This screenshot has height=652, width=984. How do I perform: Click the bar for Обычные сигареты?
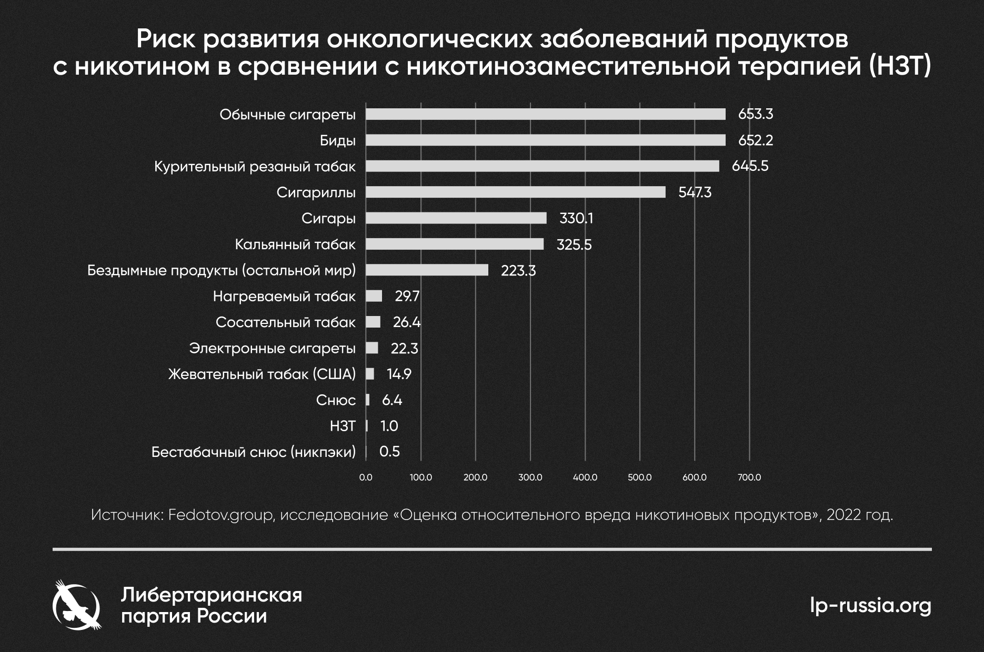(x=545, y=114)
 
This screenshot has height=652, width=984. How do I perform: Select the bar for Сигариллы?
(x=515, y=192)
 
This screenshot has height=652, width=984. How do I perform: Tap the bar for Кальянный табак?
(x=455, y=244)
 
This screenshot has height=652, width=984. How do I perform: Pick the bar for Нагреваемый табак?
(x=374, y=296)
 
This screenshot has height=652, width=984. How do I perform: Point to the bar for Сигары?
(x=456, y=218)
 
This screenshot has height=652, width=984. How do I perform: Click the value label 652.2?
(x=756, y=140)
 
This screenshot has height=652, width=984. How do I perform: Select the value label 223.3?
(x=518, y=271)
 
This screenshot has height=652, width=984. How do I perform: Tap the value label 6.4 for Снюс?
(x=392, y=401)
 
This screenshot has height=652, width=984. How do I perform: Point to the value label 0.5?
(x=389, y=452)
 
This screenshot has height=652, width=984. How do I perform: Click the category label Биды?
(x=337, y=140)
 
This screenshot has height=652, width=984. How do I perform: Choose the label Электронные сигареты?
(x=272, y=349)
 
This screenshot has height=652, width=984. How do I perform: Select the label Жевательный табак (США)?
(x=262, y=374)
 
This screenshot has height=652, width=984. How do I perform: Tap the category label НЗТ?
(x=343, y=426)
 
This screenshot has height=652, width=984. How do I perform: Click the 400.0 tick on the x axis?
(x=585, y=477)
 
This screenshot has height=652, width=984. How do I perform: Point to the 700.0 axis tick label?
(x=749, y=477)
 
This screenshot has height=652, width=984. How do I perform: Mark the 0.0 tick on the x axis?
(x=366, y=477)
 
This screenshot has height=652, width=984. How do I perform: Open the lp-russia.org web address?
(x=870, y=605)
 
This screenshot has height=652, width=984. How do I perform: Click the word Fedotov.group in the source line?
(x=222, y=514)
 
